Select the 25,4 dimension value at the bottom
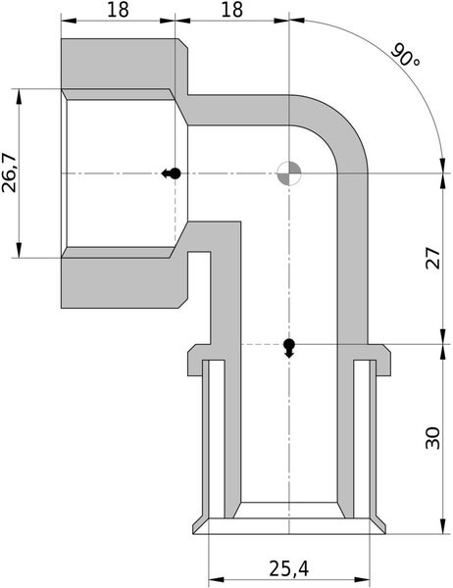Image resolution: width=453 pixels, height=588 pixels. (x=289, y=567)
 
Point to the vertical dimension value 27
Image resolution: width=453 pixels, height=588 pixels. (x=432, y=259)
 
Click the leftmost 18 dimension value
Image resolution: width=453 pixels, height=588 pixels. (x=119, y=10)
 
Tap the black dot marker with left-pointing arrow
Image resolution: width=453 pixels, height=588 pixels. (x=172, y=173)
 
